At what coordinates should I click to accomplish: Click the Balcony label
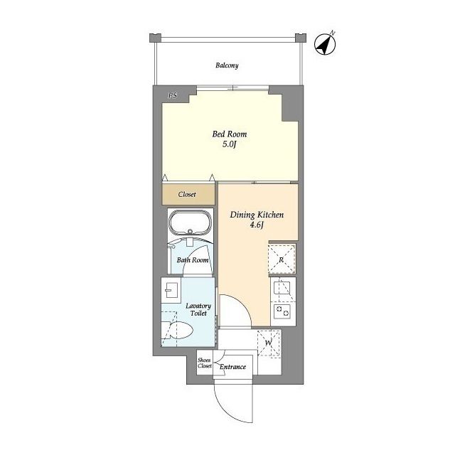[227, 65]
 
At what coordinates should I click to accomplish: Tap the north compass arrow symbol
[326, 44]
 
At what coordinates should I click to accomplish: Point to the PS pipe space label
[173, 95]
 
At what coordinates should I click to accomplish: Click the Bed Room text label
[230, 134]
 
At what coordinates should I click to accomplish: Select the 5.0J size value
[230, 144]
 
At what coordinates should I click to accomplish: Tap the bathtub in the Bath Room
[190, 223]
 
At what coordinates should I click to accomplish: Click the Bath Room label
[193, 260]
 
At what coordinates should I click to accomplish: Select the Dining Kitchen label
[257, 215]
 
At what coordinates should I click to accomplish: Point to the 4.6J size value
[257, 225]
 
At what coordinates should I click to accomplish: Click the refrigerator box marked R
[282, 259]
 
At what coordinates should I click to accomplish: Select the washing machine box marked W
[269, 343]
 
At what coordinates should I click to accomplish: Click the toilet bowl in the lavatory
[177, 330]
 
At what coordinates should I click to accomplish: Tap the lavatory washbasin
[171, 289]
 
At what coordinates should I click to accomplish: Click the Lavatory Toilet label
[198, 310]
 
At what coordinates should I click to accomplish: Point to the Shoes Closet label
[205, 363]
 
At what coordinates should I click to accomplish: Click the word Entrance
[232, 367]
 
